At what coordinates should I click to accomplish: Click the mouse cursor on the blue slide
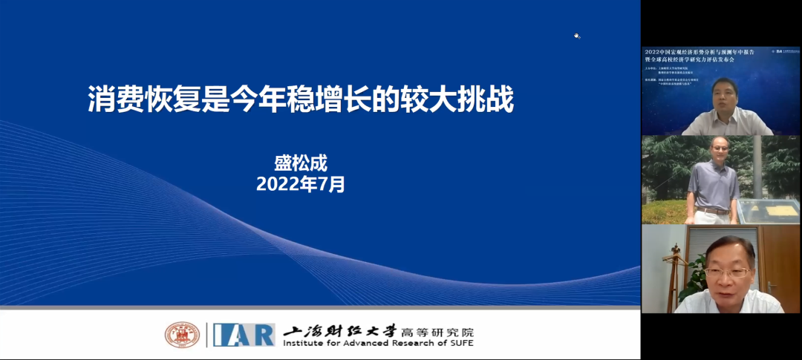pos(577,36)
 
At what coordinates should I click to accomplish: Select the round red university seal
pos(182,335)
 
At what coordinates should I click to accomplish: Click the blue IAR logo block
pos(244,335)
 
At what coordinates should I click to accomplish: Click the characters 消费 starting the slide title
pos(108,99)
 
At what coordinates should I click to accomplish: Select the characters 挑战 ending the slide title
pos(492,99)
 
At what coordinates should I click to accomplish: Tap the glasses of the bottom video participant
pos(727,272)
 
